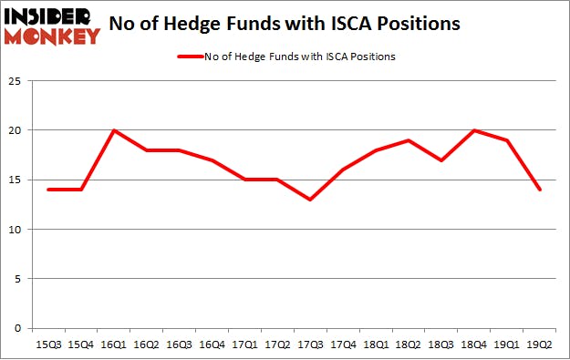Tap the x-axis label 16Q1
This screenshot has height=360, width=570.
click(x=114, y=344)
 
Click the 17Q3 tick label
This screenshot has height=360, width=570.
click(x=310, y=344)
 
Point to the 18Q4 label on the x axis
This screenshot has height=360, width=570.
click(x=473, y=344)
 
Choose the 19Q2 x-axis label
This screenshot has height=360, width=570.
click(x=539, y=344)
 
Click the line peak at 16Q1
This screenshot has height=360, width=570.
click(x=114, y=130)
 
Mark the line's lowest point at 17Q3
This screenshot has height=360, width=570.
click(x=310, y=200)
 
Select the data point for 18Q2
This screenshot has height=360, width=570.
click(x=408, y=140)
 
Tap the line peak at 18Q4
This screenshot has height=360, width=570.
click(x=473, y=130)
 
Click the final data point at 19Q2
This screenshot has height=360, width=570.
click(x=539, y=190)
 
